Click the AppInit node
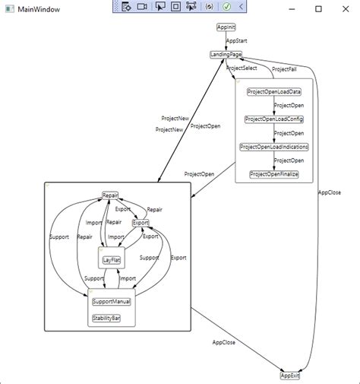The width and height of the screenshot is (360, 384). click(226, 27)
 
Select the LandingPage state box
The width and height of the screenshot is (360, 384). click(225, 55)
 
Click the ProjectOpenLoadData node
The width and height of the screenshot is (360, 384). click(273, 91)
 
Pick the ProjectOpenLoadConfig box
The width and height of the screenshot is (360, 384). click(273, 119)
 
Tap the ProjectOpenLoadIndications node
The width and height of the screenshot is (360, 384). click(273, 147)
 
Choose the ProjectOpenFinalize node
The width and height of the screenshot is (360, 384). click(273, 174)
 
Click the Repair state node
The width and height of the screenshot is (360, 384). click(110, 195)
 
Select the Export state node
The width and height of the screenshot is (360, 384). click(141, 223)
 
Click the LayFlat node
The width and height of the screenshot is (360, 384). click(112, 260)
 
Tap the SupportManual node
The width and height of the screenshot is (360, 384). click(112, 301)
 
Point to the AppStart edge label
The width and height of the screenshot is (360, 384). click(237, 40)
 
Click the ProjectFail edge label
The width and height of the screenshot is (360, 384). click(284, 69)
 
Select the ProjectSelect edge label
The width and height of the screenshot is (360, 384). click(242, 68)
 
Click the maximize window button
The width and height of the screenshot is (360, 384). click(318, 8)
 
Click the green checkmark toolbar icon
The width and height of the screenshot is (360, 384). click(226, 6)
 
